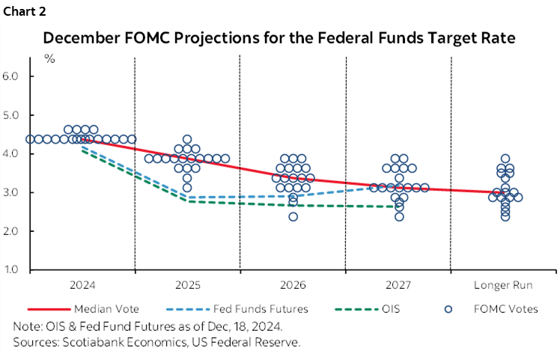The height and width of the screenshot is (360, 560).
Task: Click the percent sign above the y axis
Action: (x=49, y=60)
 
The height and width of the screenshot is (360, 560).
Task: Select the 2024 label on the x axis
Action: (x=82, y=285)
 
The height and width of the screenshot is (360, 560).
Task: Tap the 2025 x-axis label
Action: (x=187, y=285)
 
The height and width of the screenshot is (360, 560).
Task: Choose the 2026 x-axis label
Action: (x=293, y=285)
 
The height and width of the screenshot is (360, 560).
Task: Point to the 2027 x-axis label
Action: (x=398, y=285)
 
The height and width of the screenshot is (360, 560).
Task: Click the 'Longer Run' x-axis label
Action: (x=502, y=285)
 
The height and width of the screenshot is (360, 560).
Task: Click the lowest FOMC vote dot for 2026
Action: (x=293, y=217)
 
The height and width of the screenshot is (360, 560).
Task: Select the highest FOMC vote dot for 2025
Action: (x=187, y=139)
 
